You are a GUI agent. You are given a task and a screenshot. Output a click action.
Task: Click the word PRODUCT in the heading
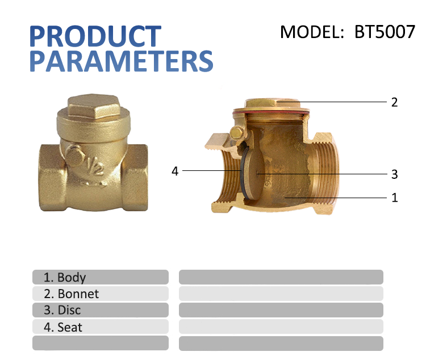[x=95, y=36]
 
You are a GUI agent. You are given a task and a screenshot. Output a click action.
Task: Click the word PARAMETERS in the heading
[x=121, y=61]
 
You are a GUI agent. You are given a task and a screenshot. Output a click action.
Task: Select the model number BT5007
[x=385, y=32]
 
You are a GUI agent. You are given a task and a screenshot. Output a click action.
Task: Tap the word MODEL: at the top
[x=313, y=32]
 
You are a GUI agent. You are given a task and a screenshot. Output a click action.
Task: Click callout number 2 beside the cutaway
[x=394, y=102]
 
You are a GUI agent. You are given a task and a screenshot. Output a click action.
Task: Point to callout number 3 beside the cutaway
[x=394, y=174]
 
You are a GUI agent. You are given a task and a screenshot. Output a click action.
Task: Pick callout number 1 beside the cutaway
[x=394, y=198]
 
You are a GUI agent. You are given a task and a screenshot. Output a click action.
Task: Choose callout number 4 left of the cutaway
[x=175, y=170]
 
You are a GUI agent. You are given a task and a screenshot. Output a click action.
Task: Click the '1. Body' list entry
[x=65, y=277]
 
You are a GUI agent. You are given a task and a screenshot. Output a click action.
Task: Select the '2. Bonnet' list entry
[x=72, y=294]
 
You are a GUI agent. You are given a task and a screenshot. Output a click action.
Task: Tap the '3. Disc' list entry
[x=62, y=310]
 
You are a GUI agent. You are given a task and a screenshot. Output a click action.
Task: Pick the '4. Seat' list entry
[x=63, y=327]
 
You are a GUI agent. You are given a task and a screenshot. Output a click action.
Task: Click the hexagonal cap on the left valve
[x=93, y=108]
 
